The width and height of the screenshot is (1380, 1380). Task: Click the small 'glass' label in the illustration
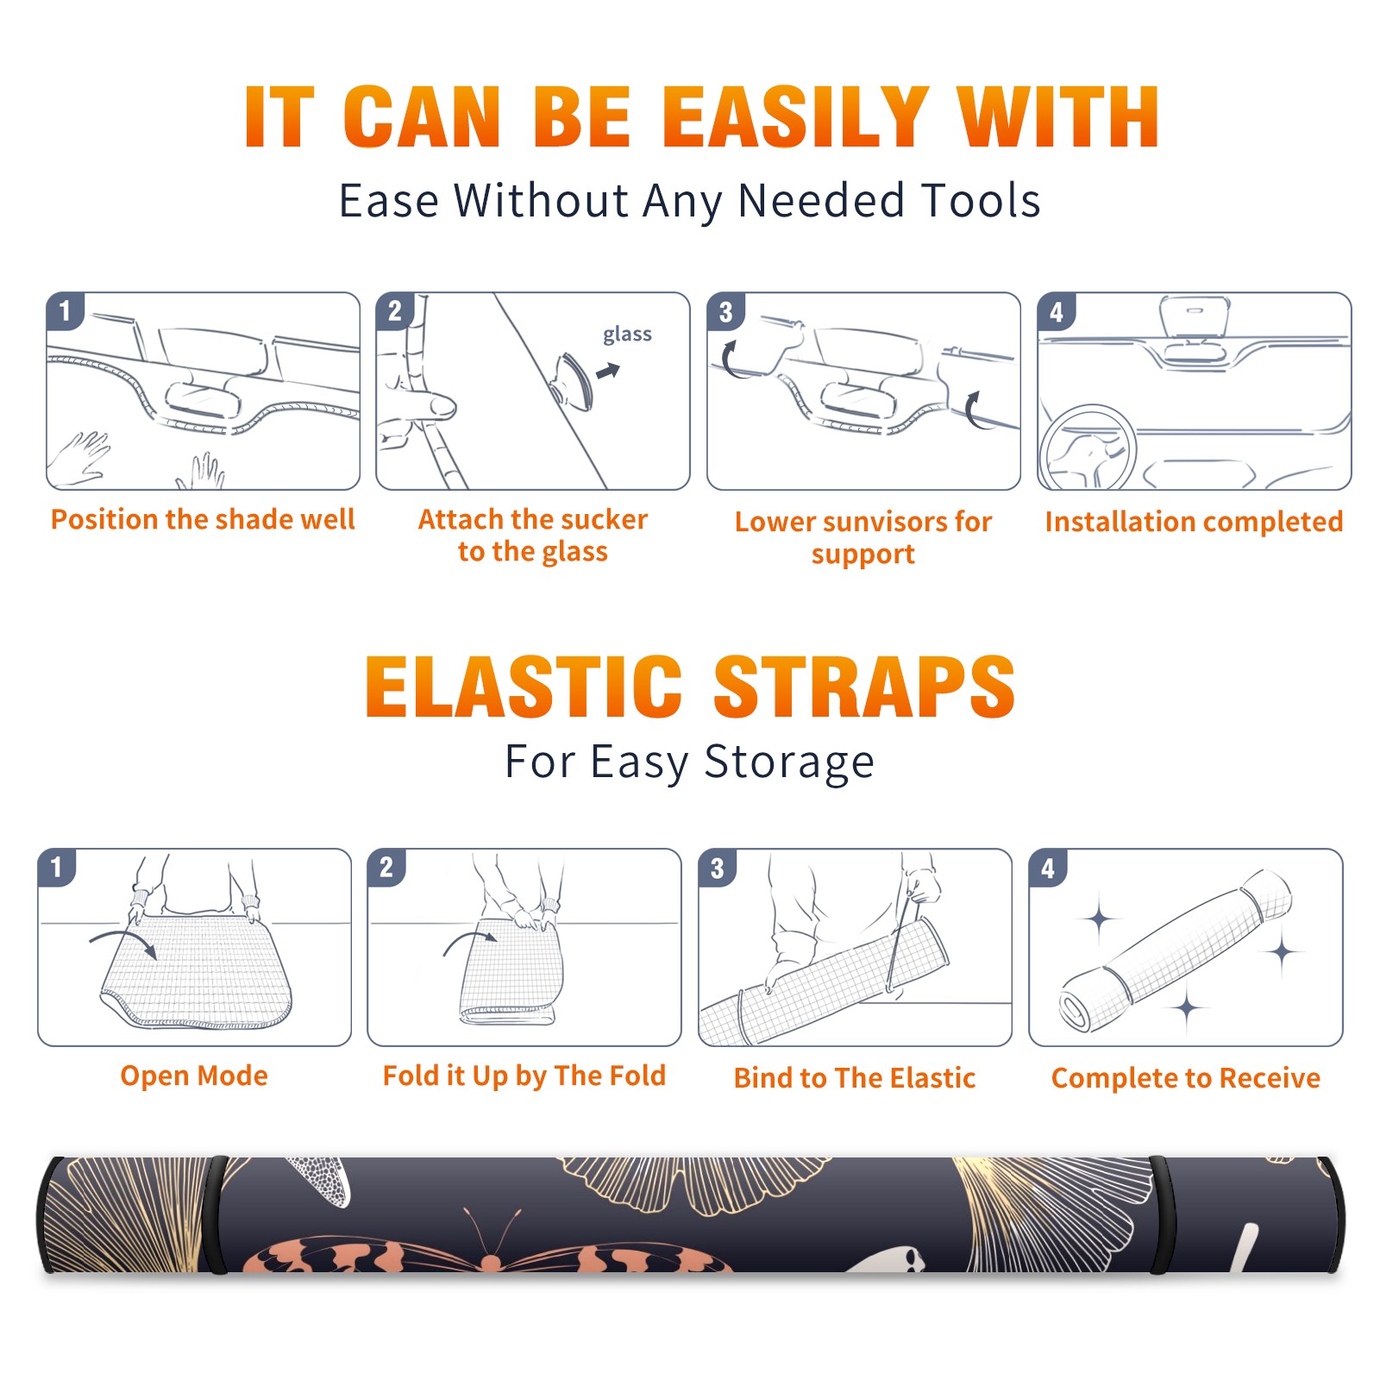(x=627, y=335)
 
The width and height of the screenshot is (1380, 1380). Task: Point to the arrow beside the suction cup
(x=608, y=372)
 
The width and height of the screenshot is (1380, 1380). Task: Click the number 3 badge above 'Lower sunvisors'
(x=724, y=312)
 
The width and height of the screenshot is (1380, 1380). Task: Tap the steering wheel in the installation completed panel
(x=1088, y=448)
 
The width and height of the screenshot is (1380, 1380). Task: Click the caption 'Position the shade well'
(x=203, y=519)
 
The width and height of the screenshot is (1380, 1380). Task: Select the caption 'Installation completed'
(x=1194, y=522)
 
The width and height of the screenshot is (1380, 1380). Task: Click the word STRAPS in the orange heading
(x=864, y=687)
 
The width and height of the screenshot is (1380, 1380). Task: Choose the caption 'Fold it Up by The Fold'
(x=524, y=1076)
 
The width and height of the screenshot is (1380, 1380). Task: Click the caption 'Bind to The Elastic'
(x=855, y=1078)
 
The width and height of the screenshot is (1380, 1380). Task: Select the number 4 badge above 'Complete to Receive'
(x=1048, y=868)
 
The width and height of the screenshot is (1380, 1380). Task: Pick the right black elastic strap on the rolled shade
(x=1163, y=1215)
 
